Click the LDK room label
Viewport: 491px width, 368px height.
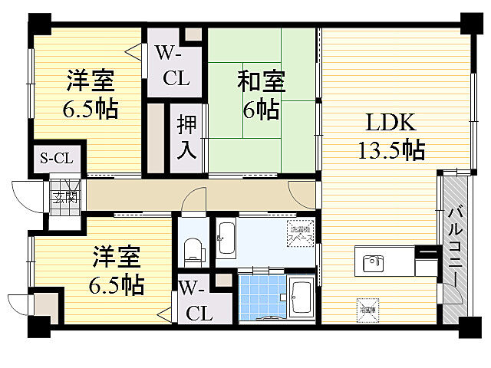coord(390,123)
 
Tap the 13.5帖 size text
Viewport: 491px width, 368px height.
coord(390,149)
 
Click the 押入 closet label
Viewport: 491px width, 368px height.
coord(186,136)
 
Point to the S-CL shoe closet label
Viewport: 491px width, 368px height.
coord(57,159)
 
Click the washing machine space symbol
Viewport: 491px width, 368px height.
coord(298,232)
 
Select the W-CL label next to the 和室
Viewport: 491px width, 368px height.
coord(174,66)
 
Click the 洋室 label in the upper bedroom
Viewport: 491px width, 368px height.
coord(90,80)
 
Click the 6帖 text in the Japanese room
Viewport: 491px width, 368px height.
coord(260,109)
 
